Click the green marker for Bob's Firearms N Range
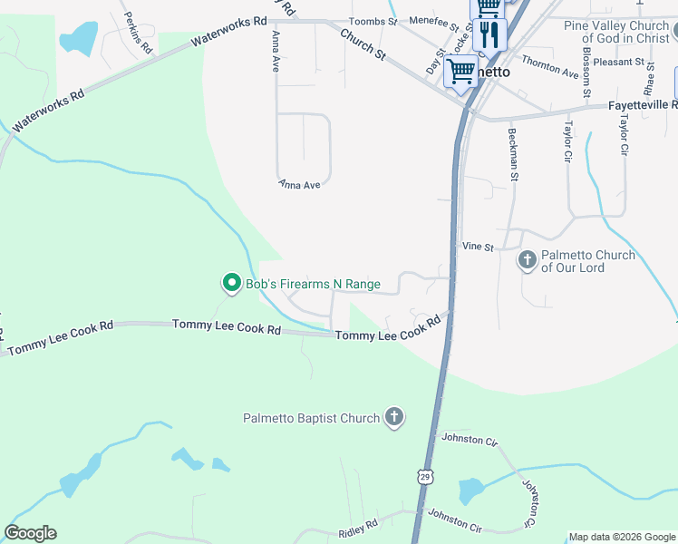(x=231, y=284)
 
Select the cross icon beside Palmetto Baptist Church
(x=393, y=417)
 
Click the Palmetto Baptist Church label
(x=311, y=418)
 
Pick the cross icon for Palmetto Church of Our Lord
(x=528, y=261)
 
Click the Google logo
(x=30, y=533)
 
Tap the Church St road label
(x=363, y=44)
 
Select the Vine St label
(x=477, y=246)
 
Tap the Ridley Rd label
(x=358, y=526)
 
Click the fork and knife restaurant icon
(x=489, y=34)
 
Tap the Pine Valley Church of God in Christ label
(x=615, y=32)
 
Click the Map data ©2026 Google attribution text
(x=620, y=537)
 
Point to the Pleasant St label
(x=625, y=63)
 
